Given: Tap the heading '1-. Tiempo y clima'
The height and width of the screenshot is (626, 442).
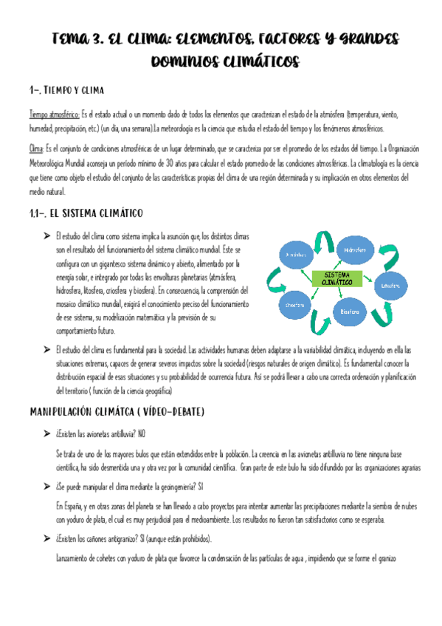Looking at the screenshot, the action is [67, 91].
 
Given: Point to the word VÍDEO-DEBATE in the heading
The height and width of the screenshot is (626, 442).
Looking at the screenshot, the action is [170, 410].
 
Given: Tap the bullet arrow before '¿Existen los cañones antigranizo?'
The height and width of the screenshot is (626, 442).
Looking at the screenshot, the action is [45, 539].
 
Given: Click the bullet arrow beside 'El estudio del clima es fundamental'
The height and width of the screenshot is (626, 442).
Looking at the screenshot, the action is [45, 348].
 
